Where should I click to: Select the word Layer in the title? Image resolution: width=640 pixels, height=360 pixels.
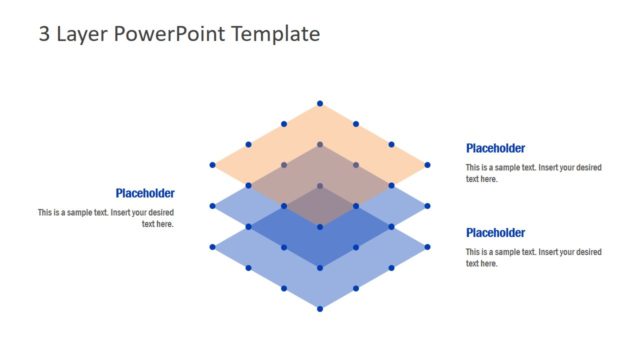(82, 34)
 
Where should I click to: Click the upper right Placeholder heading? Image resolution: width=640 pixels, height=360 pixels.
(495, 148)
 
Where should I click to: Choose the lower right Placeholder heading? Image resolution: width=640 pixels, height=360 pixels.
(495, 232)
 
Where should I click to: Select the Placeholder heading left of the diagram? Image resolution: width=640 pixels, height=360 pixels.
(145, 193)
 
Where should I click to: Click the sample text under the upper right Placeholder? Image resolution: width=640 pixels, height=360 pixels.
(533, 173)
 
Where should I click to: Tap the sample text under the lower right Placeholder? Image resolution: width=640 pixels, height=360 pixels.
(533, 257)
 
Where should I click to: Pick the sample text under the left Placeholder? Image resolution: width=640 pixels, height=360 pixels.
(107, 218)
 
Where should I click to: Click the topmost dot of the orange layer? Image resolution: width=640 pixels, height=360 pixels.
(320, 103)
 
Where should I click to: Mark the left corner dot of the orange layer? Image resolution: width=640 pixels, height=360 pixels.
(212, 165)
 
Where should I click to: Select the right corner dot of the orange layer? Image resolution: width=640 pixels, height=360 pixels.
(427, 165)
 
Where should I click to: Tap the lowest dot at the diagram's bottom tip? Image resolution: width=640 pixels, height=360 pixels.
(320, 308)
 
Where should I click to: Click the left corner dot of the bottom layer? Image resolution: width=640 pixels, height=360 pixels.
(212, 247)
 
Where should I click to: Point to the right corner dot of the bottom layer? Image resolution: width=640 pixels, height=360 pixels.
(427, 247)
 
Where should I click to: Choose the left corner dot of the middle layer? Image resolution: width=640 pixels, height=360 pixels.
(212, 206)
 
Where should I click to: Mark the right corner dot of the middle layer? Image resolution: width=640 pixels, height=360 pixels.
(427, 206)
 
